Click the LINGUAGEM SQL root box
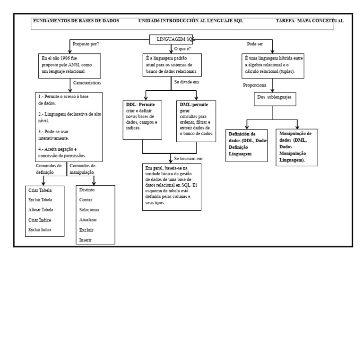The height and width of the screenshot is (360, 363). [171, 39]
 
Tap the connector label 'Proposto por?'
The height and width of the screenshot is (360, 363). [86, 44]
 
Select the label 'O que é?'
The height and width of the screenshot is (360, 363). [182, 49]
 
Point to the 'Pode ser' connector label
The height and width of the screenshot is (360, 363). [255, 44]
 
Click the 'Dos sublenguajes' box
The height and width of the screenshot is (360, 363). [275, 99]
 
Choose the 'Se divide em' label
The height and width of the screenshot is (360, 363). [186, 82]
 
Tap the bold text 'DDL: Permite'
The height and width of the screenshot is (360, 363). [140, 104]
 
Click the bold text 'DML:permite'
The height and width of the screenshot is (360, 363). [194, 104]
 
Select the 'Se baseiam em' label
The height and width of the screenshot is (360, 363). [188, 158]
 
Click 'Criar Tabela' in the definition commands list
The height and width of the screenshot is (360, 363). [40, 190]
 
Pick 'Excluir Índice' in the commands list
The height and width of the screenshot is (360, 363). [40, 230]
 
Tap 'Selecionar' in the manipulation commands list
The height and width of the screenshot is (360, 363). [89, 210]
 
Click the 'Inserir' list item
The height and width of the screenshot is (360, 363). [85, 240]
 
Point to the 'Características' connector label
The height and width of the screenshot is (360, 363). [87, 83]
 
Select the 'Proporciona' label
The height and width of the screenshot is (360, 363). [254, 85]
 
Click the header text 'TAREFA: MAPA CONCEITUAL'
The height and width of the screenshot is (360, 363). [310, 21]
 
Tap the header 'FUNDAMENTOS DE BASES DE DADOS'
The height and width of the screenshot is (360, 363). [76, 21]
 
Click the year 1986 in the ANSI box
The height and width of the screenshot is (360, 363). [65, 58]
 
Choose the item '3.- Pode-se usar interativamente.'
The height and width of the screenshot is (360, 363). [53, 135]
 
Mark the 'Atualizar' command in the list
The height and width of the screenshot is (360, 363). [88, 220]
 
